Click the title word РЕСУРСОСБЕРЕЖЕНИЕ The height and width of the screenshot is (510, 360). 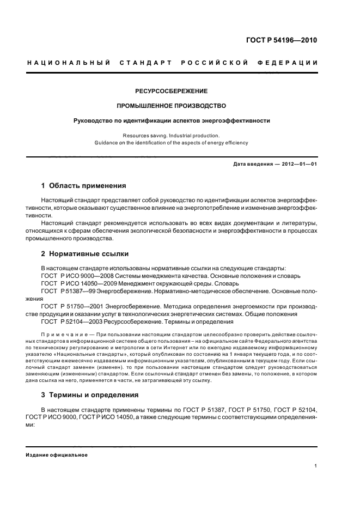point(172,91)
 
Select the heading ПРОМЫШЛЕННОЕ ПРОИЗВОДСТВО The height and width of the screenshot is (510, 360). point(172,106)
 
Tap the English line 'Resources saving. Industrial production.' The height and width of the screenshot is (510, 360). point(172,135)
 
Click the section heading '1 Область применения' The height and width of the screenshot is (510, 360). point(84,186)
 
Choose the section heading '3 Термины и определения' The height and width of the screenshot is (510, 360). point(90,394)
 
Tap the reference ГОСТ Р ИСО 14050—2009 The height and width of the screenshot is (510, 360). point(74,284)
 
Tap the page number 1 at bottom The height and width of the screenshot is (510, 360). point(316,466)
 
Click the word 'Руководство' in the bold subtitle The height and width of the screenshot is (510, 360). point(93,120)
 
